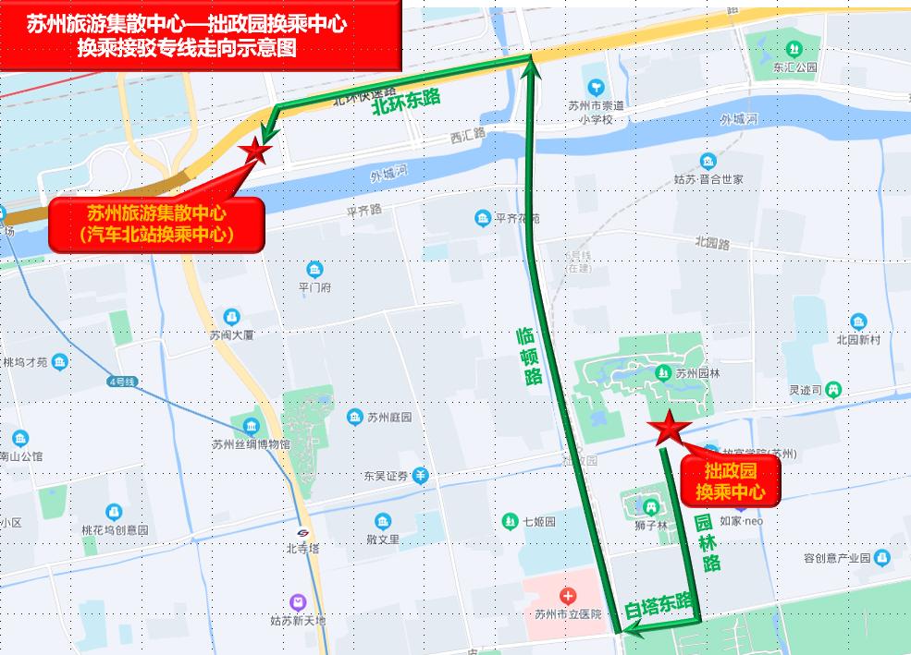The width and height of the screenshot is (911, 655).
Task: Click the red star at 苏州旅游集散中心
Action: pyautogui.click(x=254, y=151)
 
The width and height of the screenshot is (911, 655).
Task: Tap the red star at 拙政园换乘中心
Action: pyautogui.click(x=667, y=427)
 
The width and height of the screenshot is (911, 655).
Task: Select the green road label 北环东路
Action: pyautogui.click(x=406, y=103)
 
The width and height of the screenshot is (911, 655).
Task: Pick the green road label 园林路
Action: pyautogui.click(x=708, y=542)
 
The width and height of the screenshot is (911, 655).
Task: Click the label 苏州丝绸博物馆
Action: pyautogui.click(x=251, y=443)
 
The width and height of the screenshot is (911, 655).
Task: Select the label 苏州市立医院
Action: pyautogui.click(x=568, y=613)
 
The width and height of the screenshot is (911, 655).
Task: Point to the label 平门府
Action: pyautogui.click(x=314, y=286)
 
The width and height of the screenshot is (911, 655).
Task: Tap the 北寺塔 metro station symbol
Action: pyautogui.click(x=303, y=533)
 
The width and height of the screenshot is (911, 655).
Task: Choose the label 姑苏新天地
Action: pyautogui.click(x=298, y=621)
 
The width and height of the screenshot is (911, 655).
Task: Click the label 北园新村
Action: pyautogui.click(x=858, y=339)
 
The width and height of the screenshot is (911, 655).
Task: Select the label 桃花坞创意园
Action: pyautogui.click(x=115, y=529)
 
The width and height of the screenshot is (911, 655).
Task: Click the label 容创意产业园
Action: pyautogui.click(x=837, y=558)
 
